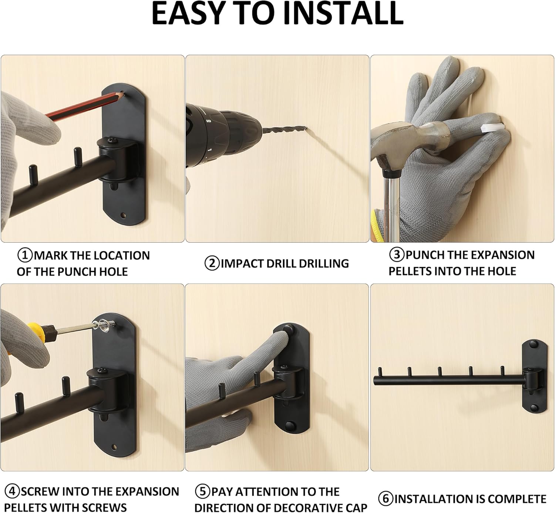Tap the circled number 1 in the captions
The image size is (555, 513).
pyautogui.click(x=25, y=255)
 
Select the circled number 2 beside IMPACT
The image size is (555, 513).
pyautogui.click(x=212, y=263)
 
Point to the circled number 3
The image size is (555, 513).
pyautogui.click(x=397, y=255)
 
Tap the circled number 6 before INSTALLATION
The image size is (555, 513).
pyautogui.click(x=386, y=499)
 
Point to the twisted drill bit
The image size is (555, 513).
pyautogui.click(x=285, y=130)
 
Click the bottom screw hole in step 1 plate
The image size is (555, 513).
pyautogui.click(x=123, y=215)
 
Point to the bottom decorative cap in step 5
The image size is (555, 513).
pyautogui.click(x=290, y=426)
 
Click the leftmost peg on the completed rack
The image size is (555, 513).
pyautogui.click(x=380, y=372)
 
